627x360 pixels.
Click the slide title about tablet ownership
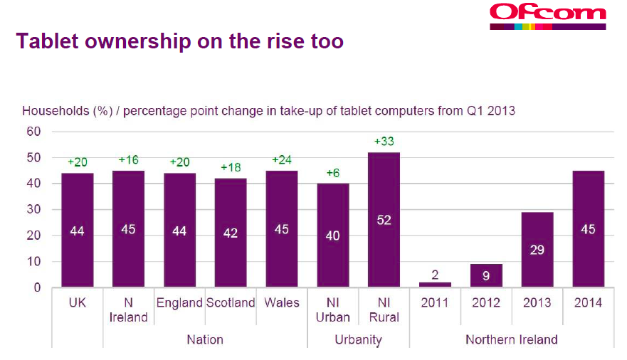tap(179, 41)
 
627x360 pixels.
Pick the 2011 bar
tap(435, 284)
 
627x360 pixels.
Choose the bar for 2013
tap(537, 250)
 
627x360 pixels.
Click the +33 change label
tap(384, 142)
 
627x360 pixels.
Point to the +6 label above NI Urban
tap(333, 173)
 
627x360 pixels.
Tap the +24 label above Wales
tap(282, 160)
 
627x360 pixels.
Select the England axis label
tap(179, 303)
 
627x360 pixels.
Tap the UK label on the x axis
tap(77, 303)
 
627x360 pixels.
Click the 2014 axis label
tap(588, 303)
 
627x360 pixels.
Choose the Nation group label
tap(205, 339)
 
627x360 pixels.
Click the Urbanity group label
tap(359, 339)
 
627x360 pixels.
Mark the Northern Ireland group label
tap(511, 339)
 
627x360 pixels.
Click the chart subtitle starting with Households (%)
tap(268, 111)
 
